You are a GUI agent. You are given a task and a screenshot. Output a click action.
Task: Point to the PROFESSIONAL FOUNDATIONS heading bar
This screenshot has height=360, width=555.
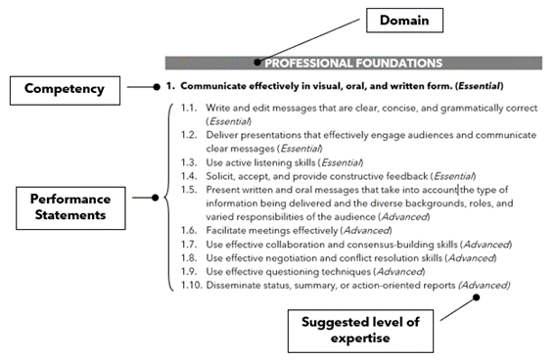352,63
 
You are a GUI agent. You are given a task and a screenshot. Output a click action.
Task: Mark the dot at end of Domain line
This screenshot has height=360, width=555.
257,62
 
